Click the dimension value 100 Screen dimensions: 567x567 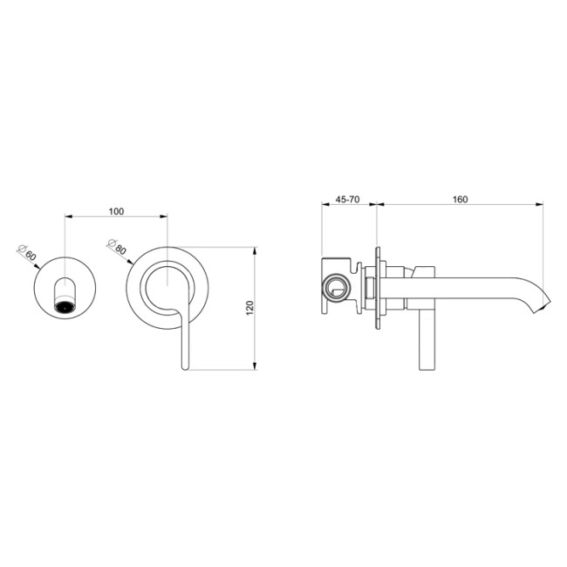[x=116, y=211]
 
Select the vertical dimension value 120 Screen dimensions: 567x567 [x=249, y=309]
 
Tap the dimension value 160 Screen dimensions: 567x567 [x=460, y=200]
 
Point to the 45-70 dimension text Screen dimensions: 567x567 [x=348, y=200]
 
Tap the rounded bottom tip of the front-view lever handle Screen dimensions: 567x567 [x=184, y=367]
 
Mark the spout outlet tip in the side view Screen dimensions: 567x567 [x=546, y=306]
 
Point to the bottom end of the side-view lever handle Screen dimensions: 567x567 [x=427, y=365]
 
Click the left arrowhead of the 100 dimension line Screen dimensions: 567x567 [x=70, y=217]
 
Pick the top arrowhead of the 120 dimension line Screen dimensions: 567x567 [x=254, y=250]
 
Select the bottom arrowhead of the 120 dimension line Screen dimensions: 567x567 [x=254, y=366]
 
